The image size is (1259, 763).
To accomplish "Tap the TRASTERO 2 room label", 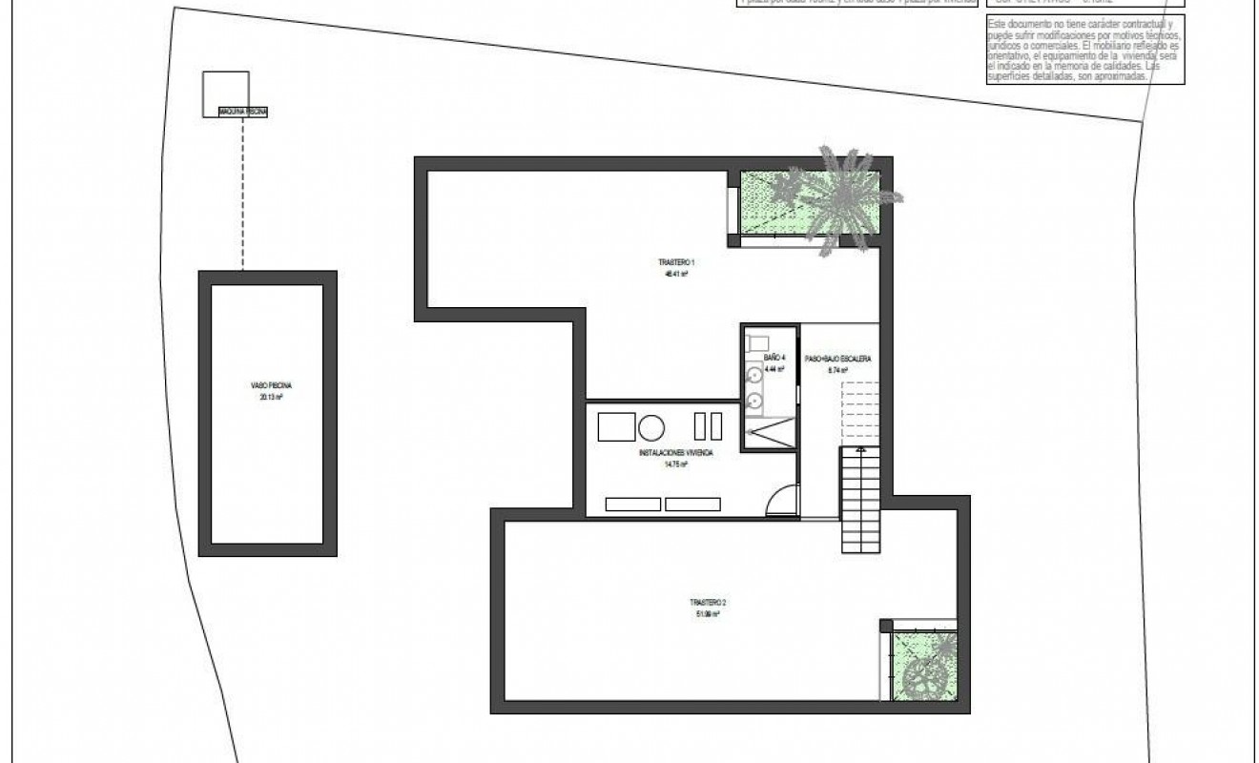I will point(708,603).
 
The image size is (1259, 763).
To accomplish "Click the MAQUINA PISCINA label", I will point(243,112).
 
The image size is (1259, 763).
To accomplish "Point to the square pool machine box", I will point(226,92).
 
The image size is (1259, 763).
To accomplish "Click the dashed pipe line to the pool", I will point(242,191).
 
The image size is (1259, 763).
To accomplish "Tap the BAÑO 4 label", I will point(774,356).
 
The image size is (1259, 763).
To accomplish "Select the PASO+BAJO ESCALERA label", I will point(838,360).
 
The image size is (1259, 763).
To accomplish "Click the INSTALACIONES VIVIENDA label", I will point(675,454).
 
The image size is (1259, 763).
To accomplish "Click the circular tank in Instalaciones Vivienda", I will point(652,427).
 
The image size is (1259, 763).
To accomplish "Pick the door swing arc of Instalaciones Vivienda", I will point(782,500).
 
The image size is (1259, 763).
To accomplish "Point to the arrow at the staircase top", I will point(859,445).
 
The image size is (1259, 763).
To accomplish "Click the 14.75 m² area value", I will point(675,465).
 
